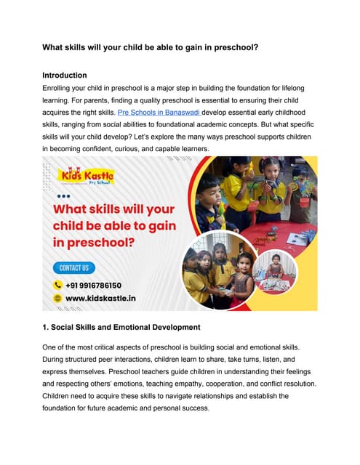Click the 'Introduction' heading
tap(65, 75)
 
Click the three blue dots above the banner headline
tap(63, 196)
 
